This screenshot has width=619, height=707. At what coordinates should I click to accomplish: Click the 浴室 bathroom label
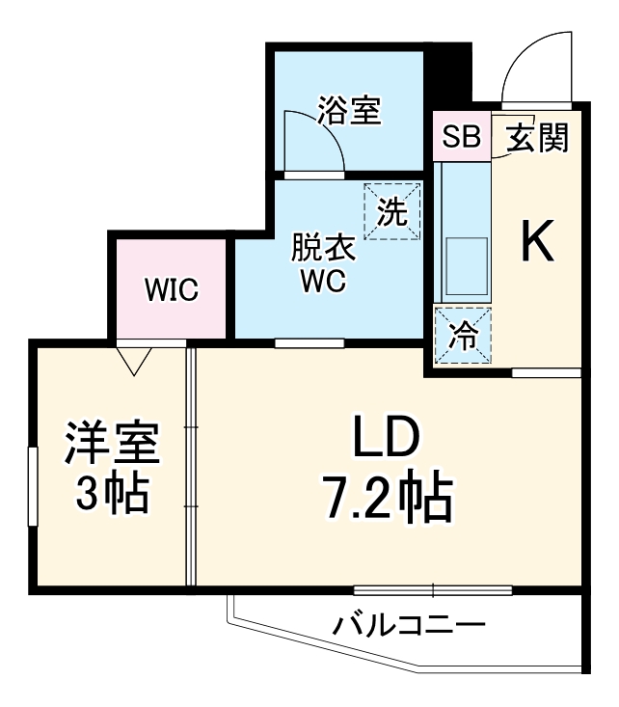point(348,112)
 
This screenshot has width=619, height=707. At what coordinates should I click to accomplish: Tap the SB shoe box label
point(461,138)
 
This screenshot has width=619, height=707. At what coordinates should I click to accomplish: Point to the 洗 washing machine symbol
point(392,211)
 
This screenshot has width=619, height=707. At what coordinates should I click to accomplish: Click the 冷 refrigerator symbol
point(463,335)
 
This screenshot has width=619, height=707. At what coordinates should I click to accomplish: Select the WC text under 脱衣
point(323,282)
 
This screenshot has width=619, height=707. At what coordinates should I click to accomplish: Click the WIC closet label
point(171,288)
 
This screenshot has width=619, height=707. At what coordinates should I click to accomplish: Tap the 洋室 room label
point(112,445)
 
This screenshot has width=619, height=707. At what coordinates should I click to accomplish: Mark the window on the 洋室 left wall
point(33,486)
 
